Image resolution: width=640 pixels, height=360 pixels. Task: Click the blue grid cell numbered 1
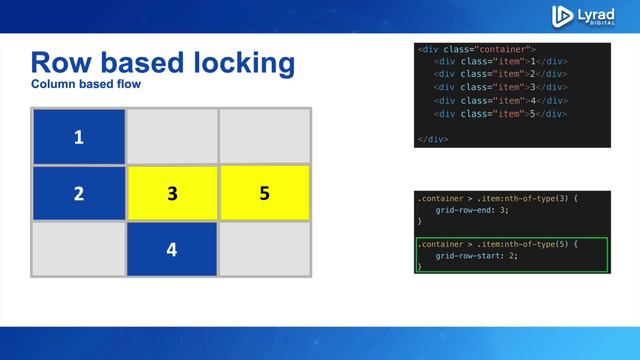click(x=79, y=137)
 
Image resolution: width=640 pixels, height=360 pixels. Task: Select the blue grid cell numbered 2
click(x=79, y=193)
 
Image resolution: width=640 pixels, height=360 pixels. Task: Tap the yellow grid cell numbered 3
click(x=172, y=193)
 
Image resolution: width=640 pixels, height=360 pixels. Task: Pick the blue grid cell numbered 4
click(x=172, y=249)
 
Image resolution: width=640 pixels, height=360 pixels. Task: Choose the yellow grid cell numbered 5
click(x=264, y=193)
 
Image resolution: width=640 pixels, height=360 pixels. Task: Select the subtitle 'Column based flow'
click(x=86, y=85)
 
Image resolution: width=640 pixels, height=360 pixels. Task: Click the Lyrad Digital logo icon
click(x=562, y=15)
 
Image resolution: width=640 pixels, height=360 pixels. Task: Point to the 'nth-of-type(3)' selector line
click(x=495, y=198)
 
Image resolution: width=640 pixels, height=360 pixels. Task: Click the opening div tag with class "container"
click(x=477, y=49)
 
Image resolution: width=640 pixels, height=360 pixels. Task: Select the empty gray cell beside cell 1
click(x=172, y=137)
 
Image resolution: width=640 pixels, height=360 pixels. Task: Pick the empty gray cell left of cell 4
click(x=79, y=249)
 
